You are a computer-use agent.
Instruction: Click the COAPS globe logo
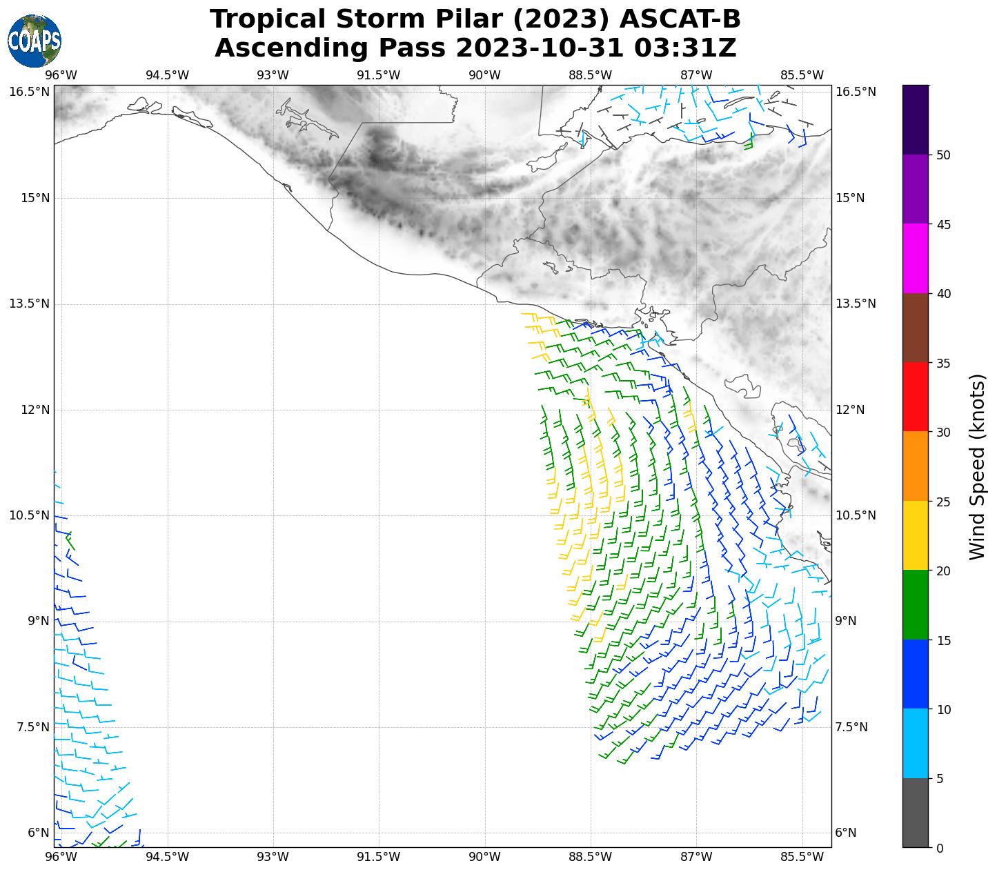tap(34, 41)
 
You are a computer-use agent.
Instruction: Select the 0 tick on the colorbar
tap(939, 848)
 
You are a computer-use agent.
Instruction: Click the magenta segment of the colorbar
tap(916, 259)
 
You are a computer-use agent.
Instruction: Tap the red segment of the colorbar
tap(916, 397)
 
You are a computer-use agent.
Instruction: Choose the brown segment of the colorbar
tap(916, 328)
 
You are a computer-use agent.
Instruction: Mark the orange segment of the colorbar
tap(916, 466)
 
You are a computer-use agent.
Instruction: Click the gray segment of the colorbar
tap(916, 813)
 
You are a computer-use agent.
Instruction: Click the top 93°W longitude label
tap(273, 75)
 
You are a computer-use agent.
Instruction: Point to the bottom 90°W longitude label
tap(484, 858)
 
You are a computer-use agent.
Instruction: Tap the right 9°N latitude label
tap(845, 621)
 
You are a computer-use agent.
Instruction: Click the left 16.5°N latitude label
tap(29, 92)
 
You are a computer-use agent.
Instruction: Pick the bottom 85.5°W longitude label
tap(802, 858)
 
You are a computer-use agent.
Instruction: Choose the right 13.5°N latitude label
tap(856, 304)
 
